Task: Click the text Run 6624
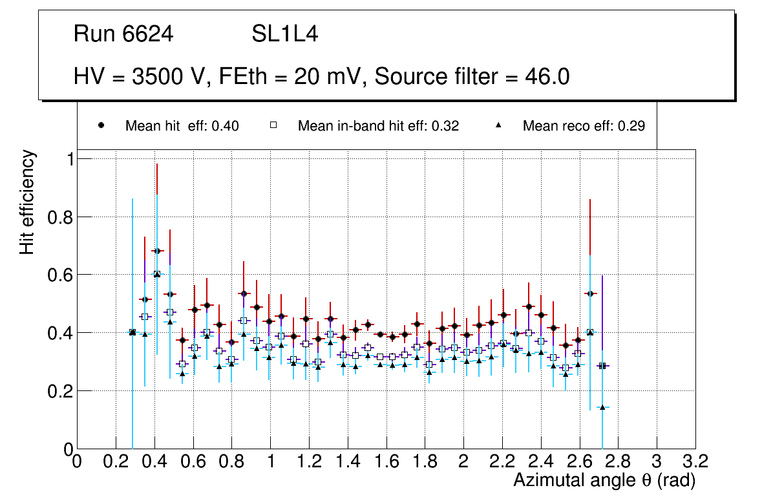coord(123,34)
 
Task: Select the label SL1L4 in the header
coord(284,34)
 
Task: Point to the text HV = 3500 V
coord(138,77)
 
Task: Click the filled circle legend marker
coord(101,126)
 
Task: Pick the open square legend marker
coord(273,126)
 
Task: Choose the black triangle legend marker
coord(499,126)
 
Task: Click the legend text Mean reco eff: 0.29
coord(584,126)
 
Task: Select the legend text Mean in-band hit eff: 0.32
coord(378,126)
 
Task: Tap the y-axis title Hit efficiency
coord(27,202)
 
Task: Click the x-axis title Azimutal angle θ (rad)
coord(604,480)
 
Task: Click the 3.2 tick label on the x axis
coord(695,462)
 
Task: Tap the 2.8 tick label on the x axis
coord(618,462)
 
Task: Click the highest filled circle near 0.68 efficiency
coord(156,251)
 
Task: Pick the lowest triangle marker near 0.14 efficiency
coord(602,407)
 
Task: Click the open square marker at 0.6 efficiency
coord(156,274)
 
